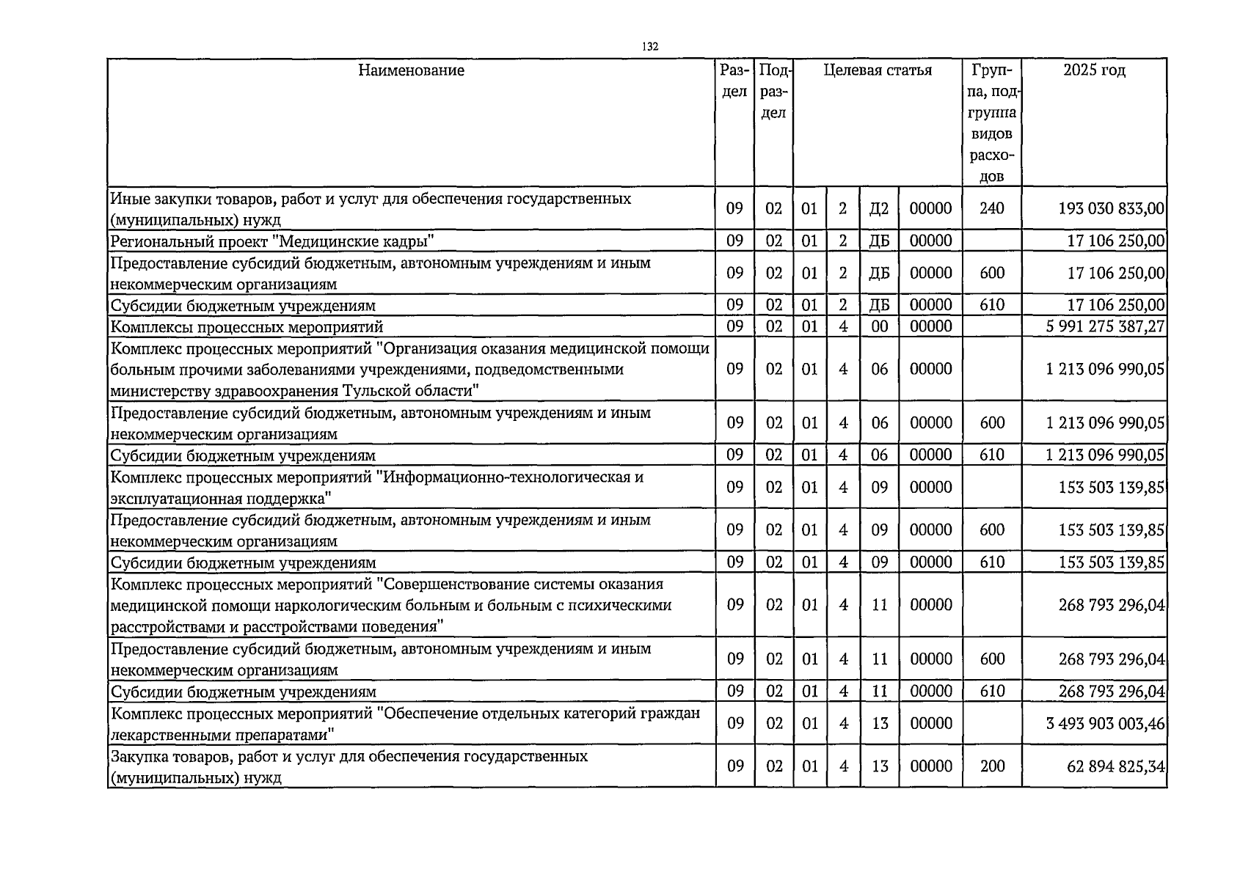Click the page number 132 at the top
pos(650,46)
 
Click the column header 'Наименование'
pos(411,70)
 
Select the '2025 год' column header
pos(1093,70)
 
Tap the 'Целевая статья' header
pos(878,70)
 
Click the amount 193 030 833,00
pos(1111,208)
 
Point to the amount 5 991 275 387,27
pos(1105,326)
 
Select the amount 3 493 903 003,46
pos(1105,724)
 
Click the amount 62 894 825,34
pos(1115,766)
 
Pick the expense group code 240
pos(991,208)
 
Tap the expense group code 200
pos(992,766)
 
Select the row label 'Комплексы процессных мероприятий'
pos(247,327)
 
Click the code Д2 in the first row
pos(878,208)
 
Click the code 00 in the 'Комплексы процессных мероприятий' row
pos(879,326)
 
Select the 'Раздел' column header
pos(734,81)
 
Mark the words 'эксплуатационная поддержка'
pos(220,499)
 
